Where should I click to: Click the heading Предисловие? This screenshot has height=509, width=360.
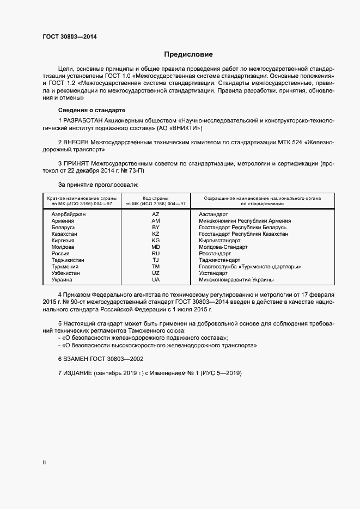click(188, 54)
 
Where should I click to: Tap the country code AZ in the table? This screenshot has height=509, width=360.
click(156, 214)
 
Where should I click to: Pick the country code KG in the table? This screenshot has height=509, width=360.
click(156, 241)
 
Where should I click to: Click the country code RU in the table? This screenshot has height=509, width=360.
click(156, 254)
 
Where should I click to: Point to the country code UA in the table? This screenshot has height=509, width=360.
click(156, 280)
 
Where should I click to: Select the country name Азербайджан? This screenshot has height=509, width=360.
click(69, 214)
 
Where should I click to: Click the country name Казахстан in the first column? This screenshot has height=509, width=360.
click(64, 234)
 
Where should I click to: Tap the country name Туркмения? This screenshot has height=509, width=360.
click(65, 267)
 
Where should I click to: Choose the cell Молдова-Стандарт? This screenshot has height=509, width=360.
click(223, 247)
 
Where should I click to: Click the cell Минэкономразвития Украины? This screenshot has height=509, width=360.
click(236, 280)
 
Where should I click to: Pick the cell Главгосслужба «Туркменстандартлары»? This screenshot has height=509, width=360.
click(250, 267)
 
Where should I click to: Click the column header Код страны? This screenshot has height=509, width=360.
click(156, 198)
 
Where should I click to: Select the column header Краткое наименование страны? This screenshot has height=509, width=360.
click(80, 198)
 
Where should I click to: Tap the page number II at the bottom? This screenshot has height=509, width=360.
click(44, 463)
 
